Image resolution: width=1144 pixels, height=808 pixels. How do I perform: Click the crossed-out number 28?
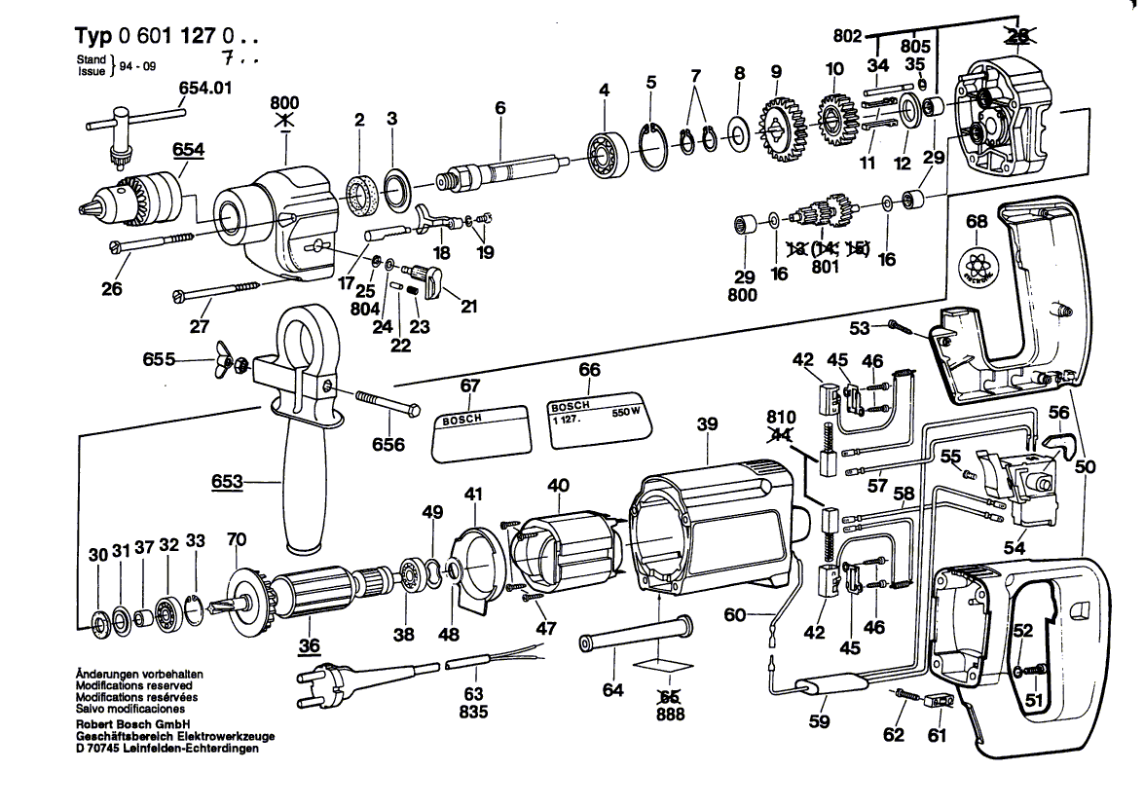pyautogui.click(x=1016, y=36)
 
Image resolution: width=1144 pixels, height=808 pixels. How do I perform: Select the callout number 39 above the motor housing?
pyautogui.click(x=707, y=423)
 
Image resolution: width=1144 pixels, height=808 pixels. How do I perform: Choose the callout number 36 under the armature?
pyautogui.click(x=309, y=643)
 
